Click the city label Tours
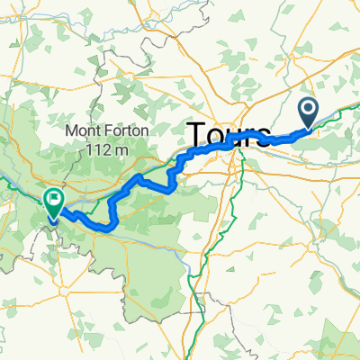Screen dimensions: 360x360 (x=230, y=136)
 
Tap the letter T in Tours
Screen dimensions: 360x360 (x=198, y=135)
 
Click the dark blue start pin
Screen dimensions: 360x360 (x=308, y=112)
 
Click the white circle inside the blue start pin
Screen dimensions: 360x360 (x=308, y=110)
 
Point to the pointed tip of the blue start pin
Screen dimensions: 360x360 (x=308, y=128)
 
